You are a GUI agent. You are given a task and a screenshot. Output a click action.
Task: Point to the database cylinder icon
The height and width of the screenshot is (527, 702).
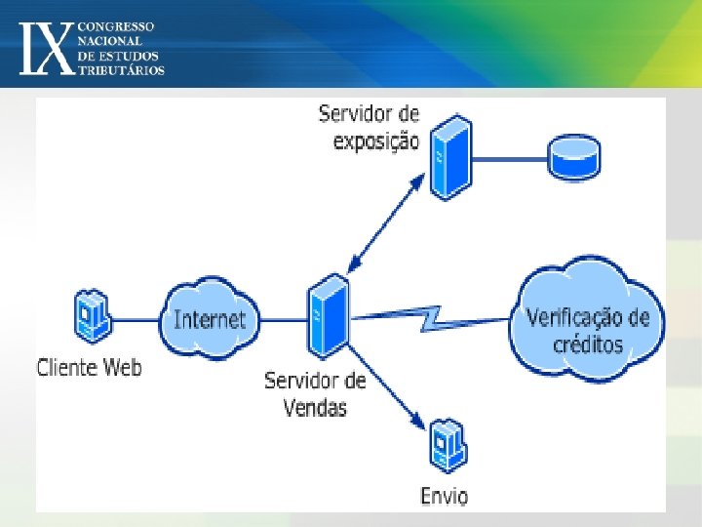pos(574,157)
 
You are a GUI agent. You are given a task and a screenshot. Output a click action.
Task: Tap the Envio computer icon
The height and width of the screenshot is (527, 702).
pos(448,446)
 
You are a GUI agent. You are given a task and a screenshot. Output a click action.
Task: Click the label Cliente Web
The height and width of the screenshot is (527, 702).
pos(89,368)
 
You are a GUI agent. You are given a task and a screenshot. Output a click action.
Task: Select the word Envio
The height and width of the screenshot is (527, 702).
pos(444,496)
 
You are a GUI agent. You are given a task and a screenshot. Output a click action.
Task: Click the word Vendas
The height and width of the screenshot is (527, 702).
pos(315,407)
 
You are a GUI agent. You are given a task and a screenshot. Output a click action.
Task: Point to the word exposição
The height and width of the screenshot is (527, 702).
pos(376,141)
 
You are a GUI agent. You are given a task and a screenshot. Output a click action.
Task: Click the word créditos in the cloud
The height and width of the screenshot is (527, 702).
pos(587,345)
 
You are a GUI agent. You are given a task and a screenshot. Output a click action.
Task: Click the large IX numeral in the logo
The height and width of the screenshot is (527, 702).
pos(47,47)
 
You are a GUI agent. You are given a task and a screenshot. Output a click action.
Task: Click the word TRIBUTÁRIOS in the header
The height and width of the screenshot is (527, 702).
pos(123,70)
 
